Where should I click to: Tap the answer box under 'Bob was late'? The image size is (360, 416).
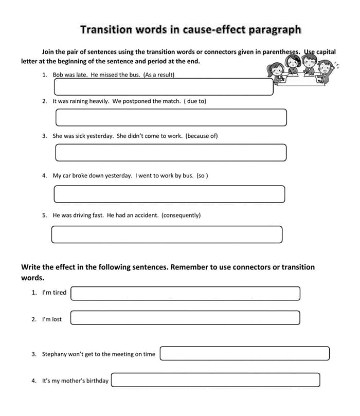(164, 87)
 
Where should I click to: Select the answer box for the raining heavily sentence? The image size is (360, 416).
(171, 117)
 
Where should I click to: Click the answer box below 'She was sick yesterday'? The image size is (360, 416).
(171, 152)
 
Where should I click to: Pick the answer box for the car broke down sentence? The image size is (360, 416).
(169, 194)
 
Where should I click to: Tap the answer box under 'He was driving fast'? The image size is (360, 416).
(167, 234)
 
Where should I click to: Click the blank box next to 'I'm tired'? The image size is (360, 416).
(185, 294)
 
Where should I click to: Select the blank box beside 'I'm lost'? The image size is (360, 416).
(185, 318)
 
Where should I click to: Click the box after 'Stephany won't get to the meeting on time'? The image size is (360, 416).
(244, 353)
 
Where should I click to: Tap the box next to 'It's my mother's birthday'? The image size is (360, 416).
(215, 380)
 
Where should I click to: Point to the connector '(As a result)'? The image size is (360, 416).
(159, 75)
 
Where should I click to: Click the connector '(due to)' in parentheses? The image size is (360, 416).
(195, 101)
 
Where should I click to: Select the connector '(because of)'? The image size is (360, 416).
(202, 136)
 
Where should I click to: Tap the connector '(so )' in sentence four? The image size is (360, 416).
(202, 175)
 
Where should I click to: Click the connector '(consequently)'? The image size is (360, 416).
(181, 215)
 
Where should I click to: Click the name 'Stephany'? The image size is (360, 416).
(54, 354)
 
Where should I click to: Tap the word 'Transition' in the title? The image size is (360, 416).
(106, 29)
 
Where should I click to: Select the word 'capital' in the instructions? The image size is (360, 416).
(326, 52)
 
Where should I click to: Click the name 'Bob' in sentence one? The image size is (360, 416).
(58, 75)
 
